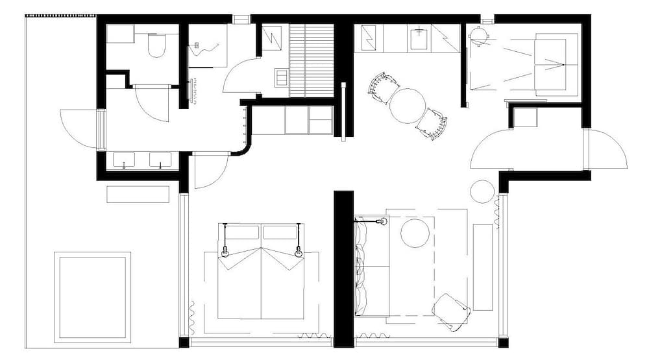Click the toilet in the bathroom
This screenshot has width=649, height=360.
[x=157, y=46]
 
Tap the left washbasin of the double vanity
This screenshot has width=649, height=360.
[x=123, y=160]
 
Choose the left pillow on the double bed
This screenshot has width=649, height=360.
[x=241, y=232]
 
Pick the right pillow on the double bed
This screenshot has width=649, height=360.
[x=280, y=232]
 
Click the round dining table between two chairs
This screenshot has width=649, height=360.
[x=407, y=106]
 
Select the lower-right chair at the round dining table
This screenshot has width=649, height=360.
[x=432, y=123]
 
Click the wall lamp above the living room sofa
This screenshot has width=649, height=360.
[x=382, y=222]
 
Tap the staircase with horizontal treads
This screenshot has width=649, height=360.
[x=311, y=60]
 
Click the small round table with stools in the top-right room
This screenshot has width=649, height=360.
[x=479, y=36]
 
